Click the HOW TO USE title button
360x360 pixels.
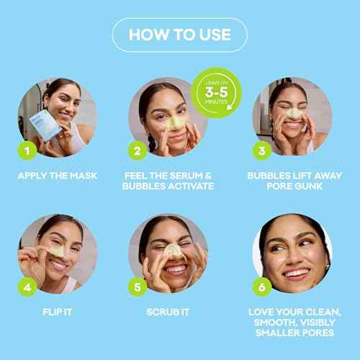179,34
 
